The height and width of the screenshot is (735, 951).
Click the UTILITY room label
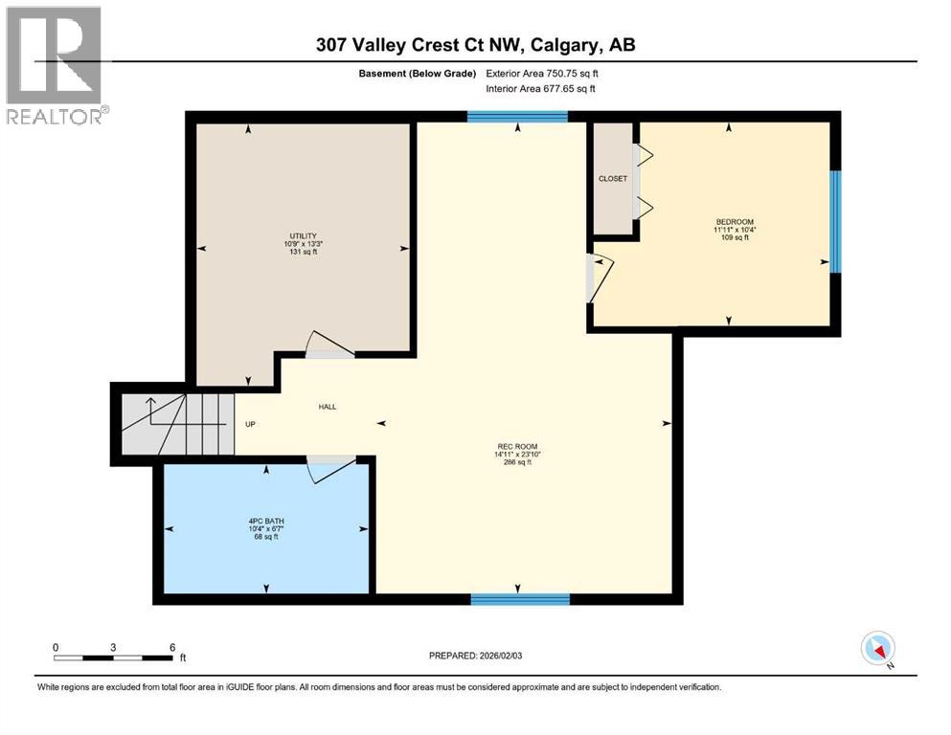click(304, 236)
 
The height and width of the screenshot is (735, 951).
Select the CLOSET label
click(612, 179)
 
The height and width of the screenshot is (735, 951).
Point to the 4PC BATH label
click(265, 523)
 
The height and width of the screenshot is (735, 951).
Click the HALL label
click(327, 407)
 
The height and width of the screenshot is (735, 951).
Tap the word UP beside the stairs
click(250, 424)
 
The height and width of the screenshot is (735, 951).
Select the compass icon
click(877, 649)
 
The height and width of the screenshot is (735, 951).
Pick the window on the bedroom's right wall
click(834, 222)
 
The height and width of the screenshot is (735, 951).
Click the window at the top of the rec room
click(517, 118)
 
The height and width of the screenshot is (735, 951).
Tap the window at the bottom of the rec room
click(520, 600)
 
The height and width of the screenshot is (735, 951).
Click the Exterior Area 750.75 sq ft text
click(548, 73)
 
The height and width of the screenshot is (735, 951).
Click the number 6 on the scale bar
click(172, 648)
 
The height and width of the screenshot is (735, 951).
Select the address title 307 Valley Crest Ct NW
click(475, 45)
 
